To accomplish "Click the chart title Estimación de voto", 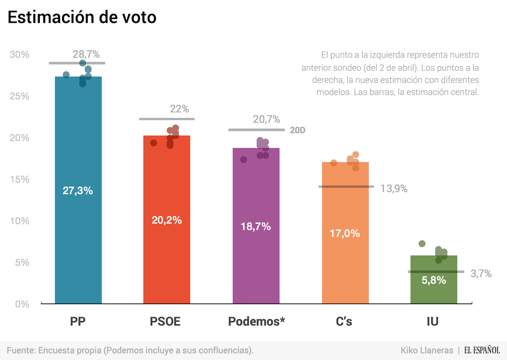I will point(82,17).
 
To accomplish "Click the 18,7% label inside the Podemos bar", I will point(256,227).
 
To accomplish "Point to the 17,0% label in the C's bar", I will point(345,233).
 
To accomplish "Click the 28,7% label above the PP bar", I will point(86,54).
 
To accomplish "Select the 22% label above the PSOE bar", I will point(179,109).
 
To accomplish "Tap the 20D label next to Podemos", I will point(297,130).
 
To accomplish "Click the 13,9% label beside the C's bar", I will point(394,189).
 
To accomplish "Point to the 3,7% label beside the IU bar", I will point(481,274).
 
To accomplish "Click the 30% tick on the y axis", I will point(20,55).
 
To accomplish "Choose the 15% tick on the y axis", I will point(20,179).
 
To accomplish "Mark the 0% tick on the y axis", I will point(22,304).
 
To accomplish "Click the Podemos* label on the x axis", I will point(256,321).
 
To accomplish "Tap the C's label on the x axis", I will point(344,321).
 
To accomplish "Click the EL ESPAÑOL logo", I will point(482,350).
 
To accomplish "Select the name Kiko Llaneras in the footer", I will point(427,350).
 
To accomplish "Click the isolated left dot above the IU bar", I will point(422,244).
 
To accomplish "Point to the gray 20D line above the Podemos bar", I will point(256,130).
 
